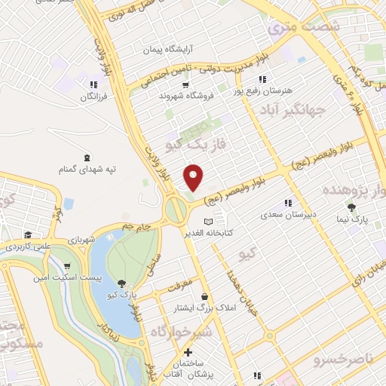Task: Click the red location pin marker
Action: (194, 177)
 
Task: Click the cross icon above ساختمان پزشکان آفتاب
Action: (188, 351)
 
